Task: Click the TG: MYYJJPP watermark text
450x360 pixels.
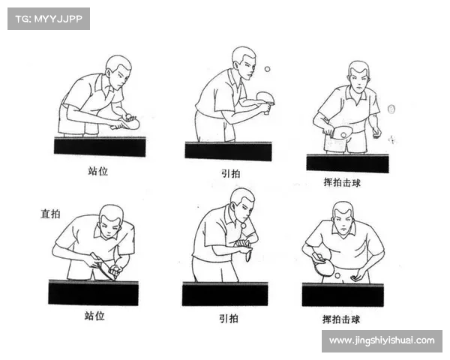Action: point(49,19)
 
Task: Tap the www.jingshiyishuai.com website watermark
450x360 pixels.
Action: point(382,340)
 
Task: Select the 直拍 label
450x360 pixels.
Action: point(50,214)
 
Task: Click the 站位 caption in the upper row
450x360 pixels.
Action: point(97,171)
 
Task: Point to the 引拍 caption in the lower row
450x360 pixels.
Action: point(229,318)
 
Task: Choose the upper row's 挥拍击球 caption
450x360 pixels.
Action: point(342,182)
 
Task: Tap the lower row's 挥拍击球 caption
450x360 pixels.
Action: point(341,319)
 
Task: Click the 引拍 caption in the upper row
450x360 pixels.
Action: point(231,173)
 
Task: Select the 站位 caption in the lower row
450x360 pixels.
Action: point(94,316)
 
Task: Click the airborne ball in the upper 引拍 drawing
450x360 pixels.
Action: point(267,69)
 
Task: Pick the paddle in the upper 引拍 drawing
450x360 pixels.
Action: point(265,100)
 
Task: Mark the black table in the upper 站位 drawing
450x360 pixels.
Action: point(100,146)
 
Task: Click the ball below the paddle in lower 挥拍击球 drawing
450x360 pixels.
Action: point(337,275)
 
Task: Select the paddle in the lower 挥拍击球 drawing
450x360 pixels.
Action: point(323,265)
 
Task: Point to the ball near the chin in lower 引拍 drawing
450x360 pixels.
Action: point(243,226)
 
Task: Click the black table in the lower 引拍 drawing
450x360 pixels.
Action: point(225,294)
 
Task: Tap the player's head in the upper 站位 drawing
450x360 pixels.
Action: point(118,72)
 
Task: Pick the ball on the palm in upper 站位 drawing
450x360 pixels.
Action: point(128,116)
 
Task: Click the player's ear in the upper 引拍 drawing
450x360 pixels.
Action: point(236,65)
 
